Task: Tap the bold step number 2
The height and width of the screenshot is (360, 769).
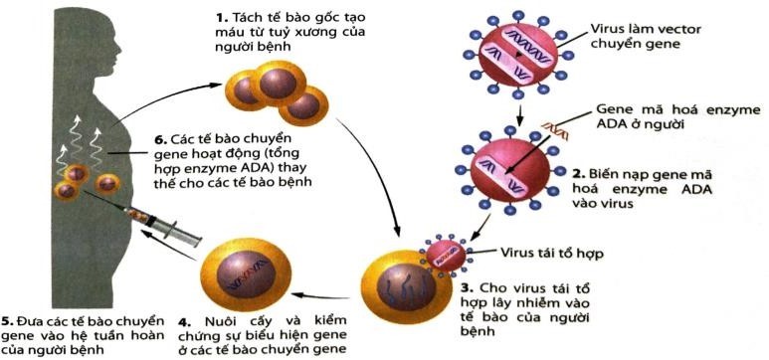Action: (577, 172)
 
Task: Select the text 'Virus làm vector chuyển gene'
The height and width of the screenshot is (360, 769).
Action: (657, 39)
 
